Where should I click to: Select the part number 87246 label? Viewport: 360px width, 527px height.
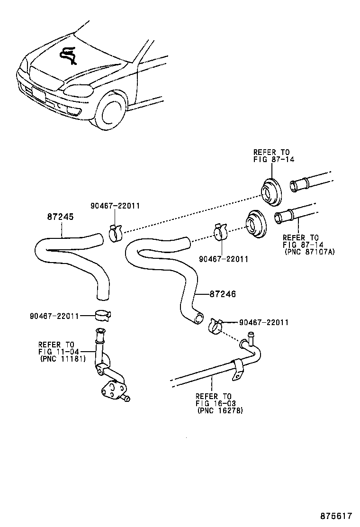click(x=223, y=294)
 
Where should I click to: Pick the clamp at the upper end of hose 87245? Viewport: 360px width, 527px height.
click(x=116, y=232)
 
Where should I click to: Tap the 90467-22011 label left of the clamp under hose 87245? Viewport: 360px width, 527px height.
click(x=54, y=315)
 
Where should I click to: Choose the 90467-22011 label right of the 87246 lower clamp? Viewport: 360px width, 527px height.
click(x=264, y=322)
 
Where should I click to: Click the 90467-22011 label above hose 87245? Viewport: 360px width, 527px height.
click(x=115, y=206)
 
